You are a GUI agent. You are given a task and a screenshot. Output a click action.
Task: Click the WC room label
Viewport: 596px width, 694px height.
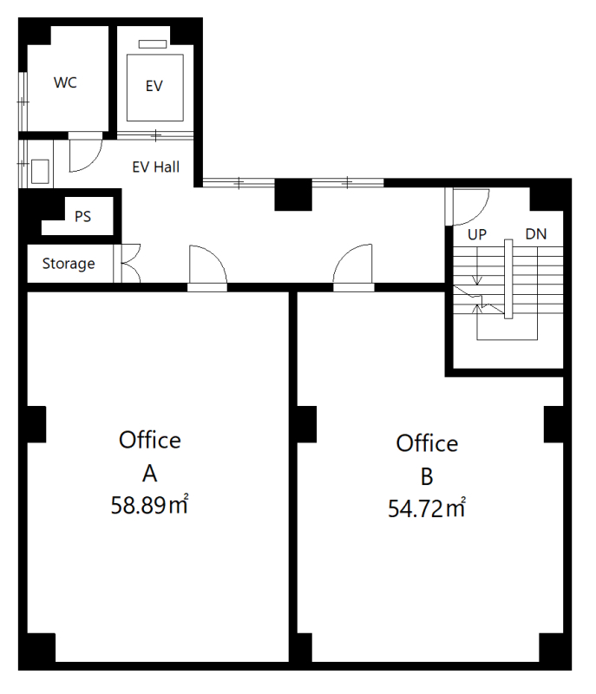coord(65,82)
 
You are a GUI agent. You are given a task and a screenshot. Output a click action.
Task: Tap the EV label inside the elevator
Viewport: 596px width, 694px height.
coord(154,86)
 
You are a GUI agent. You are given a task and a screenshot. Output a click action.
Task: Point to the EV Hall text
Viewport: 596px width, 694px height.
coord(156,167)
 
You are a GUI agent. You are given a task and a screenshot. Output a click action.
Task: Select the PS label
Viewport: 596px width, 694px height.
coord(82,216)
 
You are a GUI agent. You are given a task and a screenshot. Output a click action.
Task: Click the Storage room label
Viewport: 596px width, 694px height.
coord(69,264)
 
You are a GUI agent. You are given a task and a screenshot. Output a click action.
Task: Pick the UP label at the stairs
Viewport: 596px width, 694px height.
coord(477,234)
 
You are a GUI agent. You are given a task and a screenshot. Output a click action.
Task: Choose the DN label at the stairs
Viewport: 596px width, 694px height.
coord(536,234)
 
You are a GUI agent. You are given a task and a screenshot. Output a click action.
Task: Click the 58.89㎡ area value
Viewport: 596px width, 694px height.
coord(149,505)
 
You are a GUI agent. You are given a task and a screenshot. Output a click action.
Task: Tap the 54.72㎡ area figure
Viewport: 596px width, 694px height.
coord(427,508)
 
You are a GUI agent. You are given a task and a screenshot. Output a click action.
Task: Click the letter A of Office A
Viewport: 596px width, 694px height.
coord(149,474)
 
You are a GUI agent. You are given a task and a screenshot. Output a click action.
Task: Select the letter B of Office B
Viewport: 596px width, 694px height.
coord(427,476)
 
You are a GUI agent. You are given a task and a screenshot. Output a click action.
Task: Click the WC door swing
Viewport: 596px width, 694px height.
coord(85,153)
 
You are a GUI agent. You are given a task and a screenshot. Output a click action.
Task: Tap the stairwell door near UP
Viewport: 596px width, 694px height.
coord(468,206)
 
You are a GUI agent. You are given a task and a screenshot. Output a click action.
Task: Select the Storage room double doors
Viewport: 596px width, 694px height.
coord(128,264)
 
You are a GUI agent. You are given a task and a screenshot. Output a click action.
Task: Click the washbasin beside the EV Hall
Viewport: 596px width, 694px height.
coord(40,171)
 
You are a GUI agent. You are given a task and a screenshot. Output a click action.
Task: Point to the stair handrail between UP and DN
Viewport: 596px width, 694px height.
coord(508,278)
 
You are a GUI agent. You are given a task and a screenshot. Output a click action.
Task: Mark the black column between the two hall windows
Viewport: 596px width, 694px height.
coord(293,194)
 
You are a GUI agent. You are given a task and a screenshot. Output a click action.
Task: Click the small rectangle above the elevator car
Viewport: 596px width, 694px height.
coord(153,44)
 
